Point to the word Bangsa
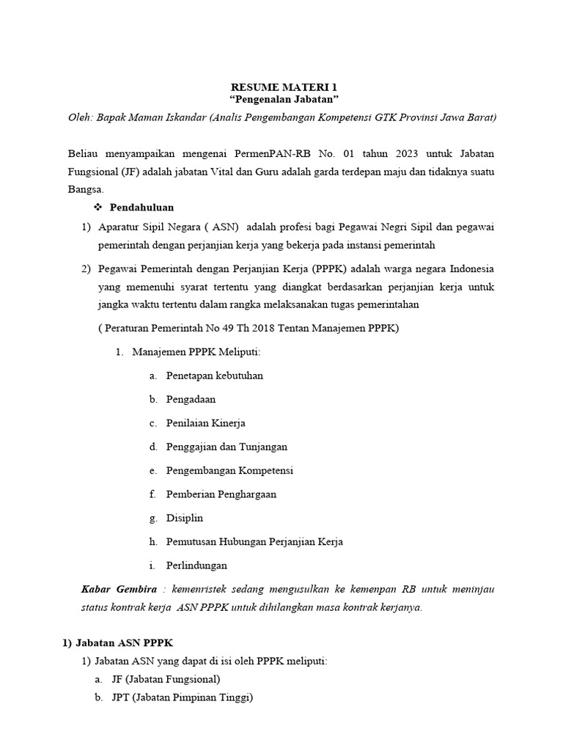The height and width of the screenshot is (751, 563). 85,188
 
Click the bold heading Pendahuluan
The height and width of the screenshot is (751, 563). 141,208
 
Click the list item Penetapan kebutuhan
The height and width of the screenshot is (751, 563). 214,375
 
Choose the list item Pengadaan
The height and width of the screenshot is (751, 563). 191,400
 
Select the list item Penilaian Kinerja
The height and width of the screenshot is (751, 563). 205,423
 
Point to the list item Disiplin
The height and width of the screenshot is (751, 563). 185,518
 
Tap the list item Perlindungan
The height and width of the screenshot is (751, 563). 196,565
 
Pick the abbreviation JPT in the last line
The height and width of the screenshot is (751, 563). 120,698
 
